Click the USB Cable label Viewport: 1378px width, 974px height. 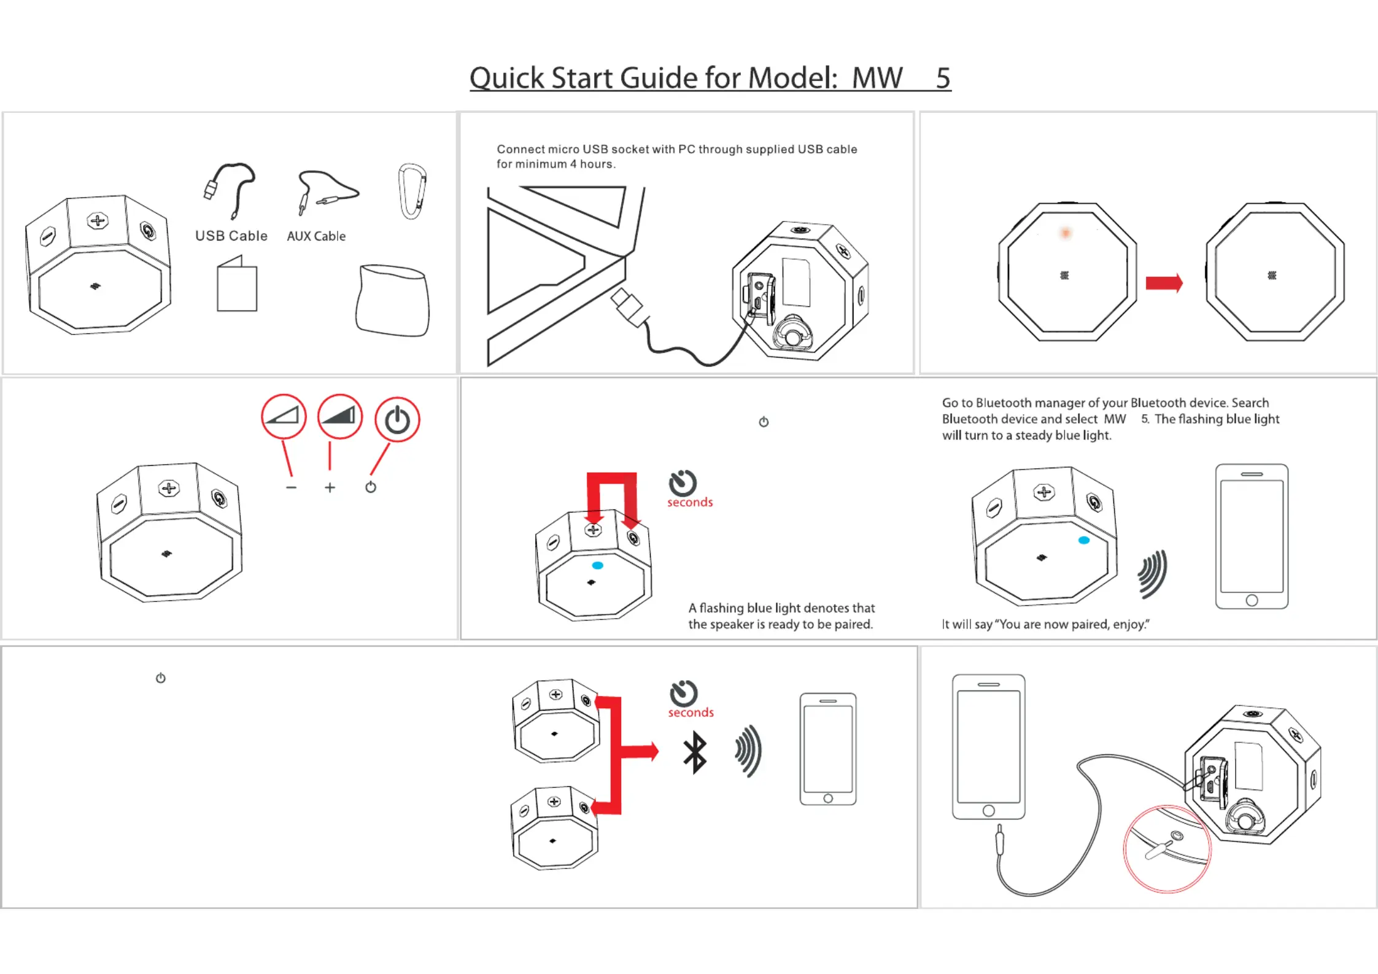click(x=231, y=236)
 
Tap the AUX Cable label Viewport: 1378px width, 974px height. click(x=316, y=236)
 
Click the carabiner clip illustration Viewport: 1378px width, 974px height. click(x=412, y=191)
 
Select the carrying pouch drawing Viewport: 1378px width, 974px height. click(x=393, y=301)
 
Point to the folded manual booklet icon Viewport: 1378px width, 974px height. click(x=237, y=286)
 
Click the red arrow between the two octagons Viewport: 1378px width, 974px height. click(x=1164, y=283)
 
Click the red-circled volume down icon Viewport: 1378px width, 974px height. click(x=284, y=417)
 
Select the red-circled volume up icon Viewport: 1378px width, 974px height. click(x=340, y=417)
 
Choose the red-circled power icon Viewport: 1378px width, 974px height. click(x=397, y=420)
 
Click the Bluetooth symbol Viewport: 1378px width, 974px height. click(x=695, y=752)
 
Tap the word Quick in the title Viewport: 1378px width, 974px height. click(x=507, y=79)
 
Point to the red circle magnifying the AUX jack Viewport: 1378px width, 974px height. click(x=1166, y=849)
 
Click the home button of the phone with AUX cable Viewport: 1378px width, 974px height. click(x=988, y=810)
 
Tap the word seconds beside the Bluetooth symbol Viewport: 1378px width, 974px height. click(x=691, y=713)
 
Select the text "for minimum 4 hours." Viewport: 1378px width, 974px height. click(x=556, y=164)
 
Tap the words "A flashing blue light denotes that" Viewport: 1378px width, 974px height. click(x=781, y=608)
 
